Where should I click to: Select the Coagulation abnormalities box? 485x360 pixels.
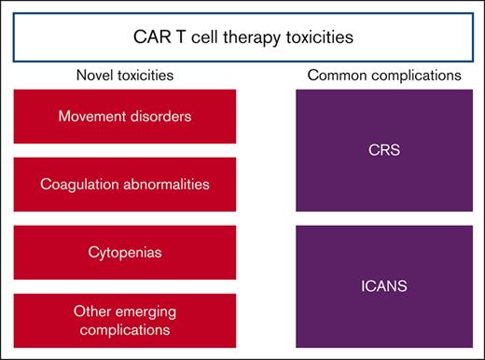(x=112, y=183)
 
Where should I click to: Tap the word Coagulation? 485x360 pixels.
(x=76, y=183)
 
